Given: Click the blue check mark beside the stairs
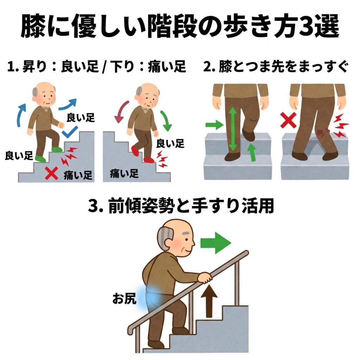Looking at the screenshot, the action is (x=70, y=132).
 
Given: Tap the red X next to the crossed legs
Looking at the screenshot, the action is (x=288, y=121).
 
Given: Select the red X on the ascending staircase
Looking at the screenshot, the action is (x=51, y=173).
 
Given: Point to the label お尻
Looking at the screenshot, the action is (x=124, y=299).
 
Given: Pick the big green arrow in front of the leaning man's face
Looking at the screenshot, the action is (x=216, y=243).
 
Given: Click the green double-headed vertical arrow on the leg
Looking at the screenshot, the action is (x=233, y=129).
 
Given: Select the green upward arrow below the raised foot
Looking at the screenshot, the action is (x=252, y=152).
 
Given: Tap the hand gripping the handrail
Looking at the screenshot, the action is (x=205, y=278).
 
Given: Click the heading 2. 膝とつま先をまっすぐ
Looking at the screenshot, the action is (x=276, y=66).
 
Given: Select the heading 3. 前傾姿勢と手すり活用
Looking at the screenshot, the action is (x=181, y=206).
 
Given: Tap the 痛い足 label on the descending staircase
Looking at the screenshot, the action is (x=124, y=174).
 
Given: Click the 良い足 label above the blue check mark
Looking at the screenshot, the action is (x=81, y=117).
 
